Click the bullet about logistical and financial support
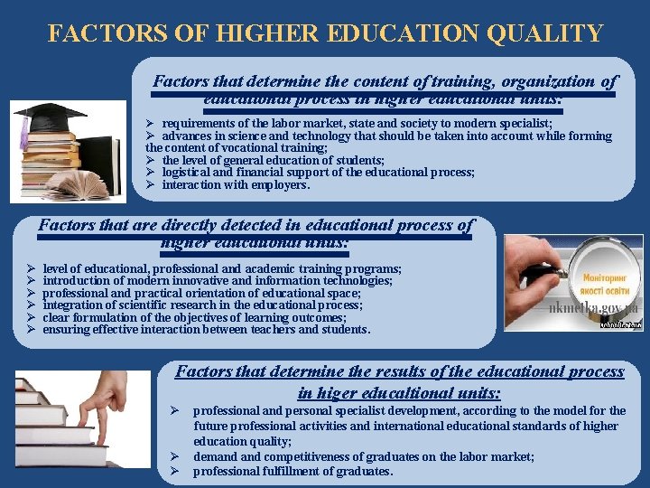pyautogui.click(x=318, y=172)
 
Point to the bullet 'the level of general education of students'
pyautogui.click(x=261, y=160)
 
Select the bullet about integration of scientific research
pyautogui.click(x=202, y=305)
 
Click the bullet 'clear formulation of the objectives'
pyautogui.click(x=194, y=317)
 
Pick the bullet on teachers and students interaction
pyautogui.click(x=206, y=330)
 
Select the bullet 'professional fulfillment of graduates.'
pyautogui.click(x=293, y=471)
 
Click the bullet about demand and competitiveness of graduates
pyautogui.click(x=363, y=457)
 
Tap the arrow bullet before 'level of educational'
pyautogui.click(x=31, y=269)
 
